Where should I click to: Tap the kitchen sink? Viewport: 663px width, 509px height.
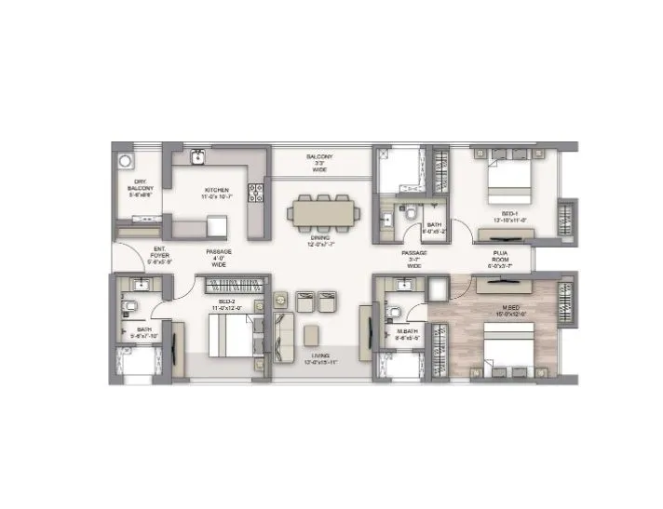198,157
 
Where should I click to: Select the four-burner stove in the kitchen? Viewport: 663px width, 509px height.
254,193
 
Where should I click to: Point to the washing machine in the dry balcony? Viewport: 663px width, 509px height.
126,159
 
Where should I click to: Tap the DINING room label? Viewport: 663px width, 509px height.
318,240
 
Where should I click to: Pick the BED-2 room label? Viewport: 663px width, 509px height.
227,305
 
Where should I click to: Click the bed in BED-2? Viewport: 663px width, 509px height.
228,335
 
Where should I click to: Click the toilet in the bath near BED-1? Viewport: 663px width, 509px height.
410,212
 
